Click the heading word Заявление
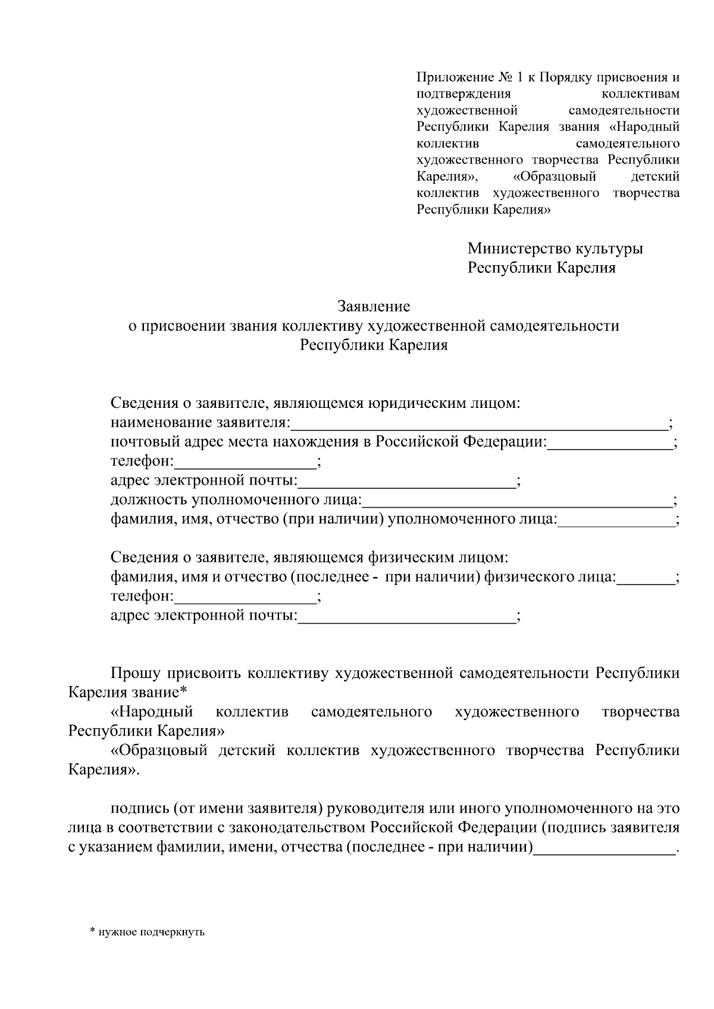click(374, 307)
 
